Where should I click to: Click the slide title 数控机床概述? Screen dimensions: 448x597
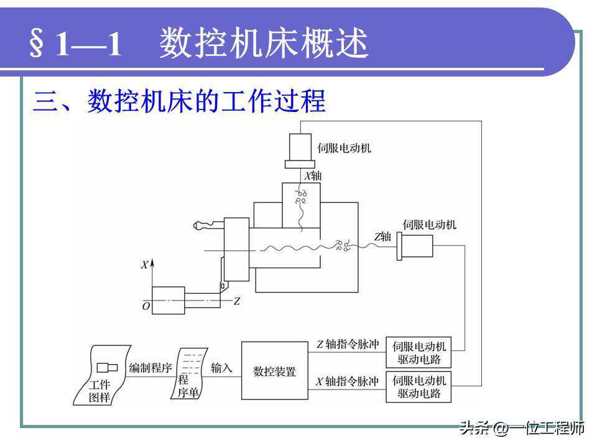(264, 44)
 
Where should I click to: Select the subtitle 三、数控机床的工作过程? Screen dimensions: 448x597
(179, 101)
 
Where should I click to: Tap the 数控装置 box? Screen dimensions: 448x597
(274, 371)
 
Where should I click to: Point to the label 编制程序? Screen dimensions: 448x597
(150, 368)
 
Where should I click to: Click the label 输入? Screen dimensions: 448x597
(221, 368)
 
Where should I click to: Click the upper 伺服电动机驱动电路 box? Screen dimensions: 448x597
(419, 353)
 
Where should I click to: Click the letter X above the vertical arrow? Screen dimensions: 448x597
(144, 265)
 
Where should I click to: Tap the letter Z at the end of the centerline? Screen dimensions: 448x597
(236, 301)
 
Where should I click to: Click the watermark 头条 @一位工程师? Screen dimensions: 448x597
(522, 429)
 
